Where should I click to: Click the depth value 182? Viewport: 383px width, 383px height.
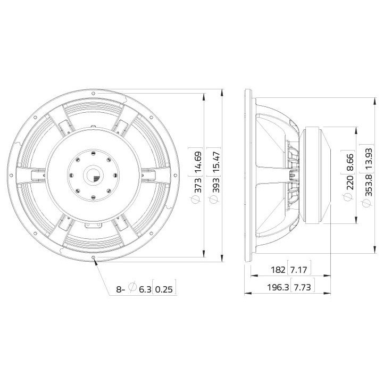click(x=278, y=270)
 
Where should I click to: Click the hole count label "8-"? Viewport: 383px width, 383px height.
click(x=121, y=290)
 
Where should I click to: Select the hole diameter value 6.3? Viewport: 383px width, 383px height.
click(x=145, y=290)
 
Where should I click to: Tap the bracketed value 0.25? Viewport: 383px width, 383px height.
click(x=165, y=290)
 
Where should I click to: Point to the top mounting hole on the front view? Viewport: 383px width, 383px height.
click(x=94, y=93)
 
